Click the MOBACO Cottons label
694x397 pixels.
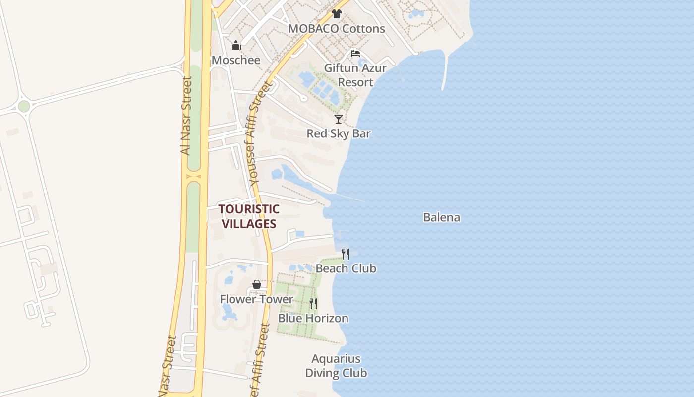pos(337,29)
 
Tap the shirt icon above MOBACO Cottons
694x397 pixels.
pos(337,13)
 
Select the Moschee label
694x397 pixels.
pos(236,60)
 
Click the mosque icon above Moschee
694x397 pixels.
pos(235,46)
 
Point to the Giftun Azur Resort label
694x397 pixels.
pos(355,75)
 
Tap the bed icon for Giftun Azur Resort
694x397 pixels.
pos(355,54)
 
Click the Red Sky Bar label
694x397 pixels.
pos(339,133)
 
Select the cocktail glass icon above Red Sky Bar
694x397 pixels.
pos(339,119)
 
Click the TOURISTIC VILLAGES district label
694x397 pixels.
pos(249,216)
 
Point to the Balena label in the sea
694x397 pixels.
pos(442,217)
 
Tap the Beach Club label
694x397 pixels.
pos(346,268)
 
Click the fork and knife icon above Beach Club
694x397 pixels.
pos(346,254)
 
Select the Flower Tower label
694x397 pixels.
pos(257,299)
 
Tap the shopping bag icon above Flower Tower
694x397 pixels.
pos(257,284)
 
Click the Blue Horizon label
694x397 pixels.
pos(313,318)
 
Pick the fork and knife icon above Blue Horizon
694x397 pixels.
pos(313,303)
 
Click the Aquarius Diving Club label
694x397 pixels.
pos(336,366)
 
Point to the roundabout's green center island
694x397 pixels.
pos(24,106)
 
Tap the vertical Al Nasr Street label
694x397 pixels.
pos(186,115)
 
